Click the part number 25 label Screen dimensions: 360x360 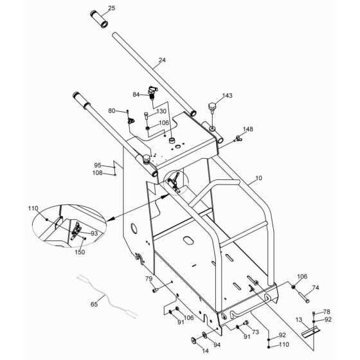coord(111,9)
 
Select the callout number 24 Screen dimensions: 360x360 coord(162,60)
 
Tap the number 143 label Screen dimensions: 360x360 coord(227,96)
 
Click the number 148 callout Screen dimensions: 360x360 coord(248,129)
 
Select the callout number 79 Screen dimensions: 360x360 coord(148,279)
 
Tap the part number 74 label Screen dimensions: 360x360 coord(315,288)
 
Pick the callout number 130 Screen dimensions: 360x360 coord(161,112)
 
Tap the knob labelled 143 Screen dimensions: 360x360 coord(212,107)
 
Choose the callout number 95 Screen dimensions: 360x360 coord(98,165)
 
